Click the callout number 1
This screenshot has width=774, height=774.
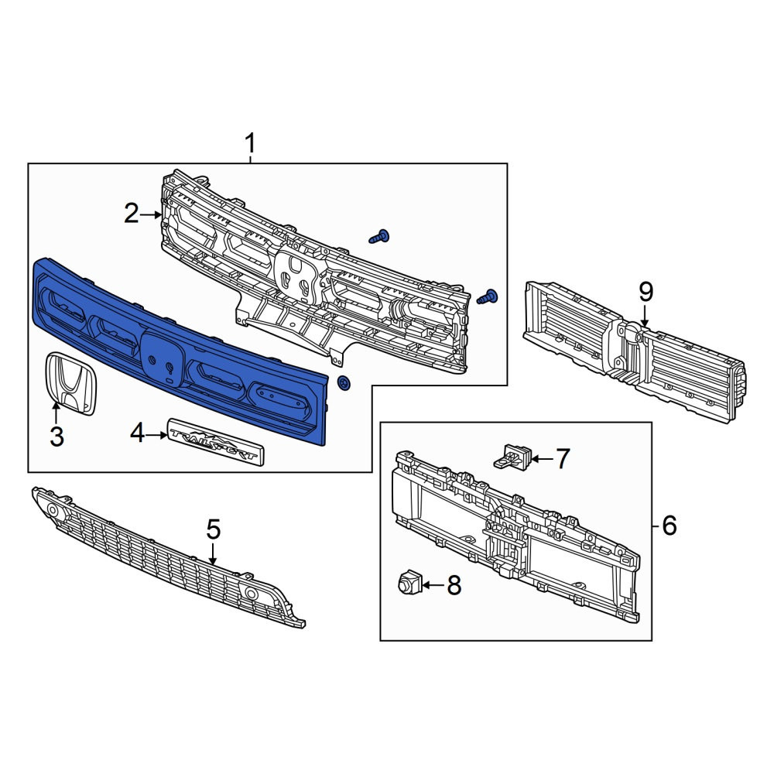coord(251,144)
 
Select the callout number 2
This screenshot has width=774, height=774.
coord(132,214)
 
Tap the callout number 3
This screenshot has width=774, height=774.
coord(57,437)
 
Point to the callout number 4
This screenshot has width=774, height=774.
coord(137,434)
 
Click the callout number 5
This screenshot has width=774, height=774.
coord(214,529)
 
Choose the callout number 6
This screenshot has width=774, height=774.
coord(670,526)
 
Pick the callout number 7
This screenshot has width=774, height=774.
coord(563,458)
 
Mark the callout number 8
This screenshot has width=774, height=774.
coord(454,585)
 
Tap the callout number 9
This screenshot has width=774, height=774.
coord(646,293)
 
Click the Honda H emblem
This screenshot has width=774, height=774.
coord(70,383)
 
